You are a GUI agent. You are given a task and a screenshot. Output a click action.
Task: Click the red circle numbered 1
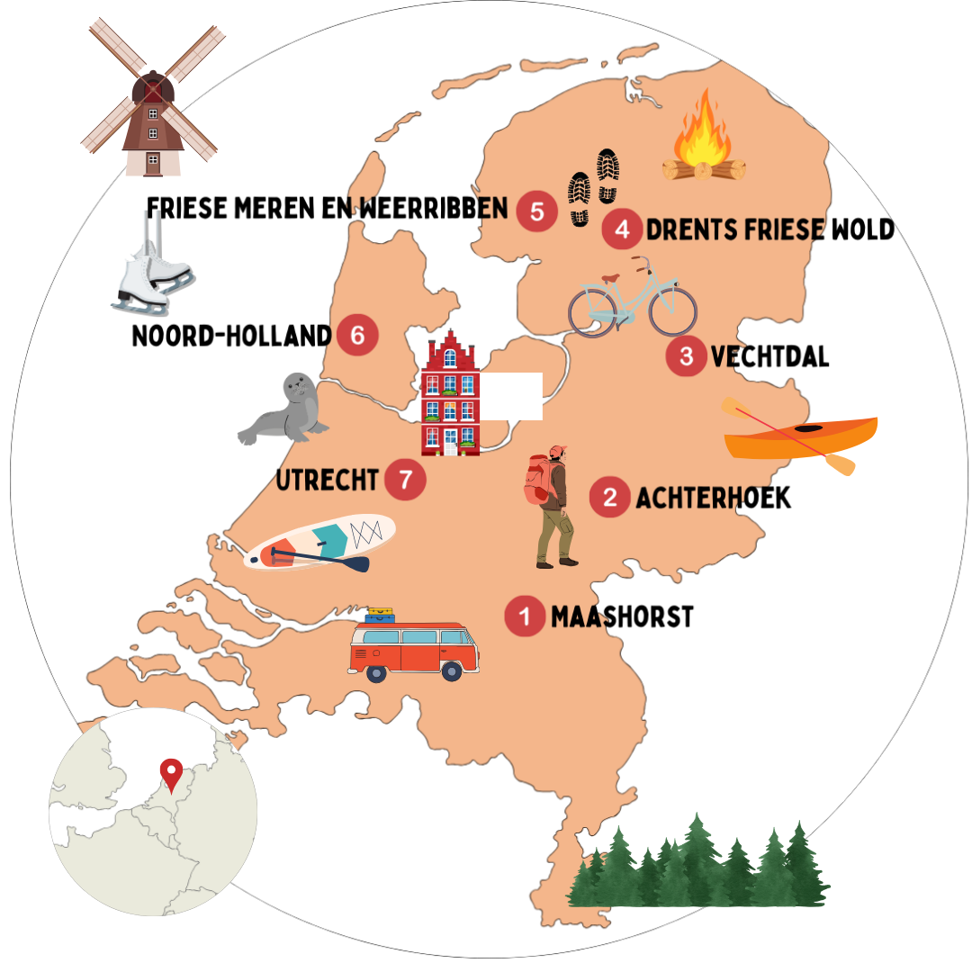525,616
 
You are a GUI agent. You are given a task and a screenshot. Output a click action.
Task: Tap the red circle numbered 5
537,211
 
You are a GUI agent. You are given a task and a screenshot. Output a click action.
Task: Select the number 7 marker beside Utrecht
405,479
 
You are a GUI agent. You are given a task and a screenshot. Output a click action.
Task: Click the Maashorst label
622,617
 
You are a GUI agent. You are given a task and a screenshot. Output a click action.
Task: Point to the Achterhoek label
713,498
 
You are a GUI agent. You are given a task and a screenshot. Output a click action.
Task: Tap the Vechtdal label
769,356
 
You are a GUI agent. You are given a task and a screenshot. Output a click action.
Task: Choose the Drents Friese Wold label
770,230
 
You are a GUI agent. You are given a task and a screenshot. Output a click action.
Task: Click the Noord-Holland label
231,337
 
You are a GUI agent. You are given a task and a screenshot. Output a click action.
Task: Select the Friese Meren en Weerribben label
328,209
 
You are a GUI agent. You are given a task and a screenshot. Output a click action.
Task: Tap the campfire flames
702,130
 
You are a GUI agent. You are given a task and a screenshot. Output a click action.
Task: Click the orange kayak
801,436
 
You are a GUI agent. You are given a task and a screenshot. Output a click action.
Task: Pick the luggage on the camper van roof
380,616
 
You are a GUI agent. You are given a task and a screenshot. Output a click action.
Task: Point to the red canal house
451,396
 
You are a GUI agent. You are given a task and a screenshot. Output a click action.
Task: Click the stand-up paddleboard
322,543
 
